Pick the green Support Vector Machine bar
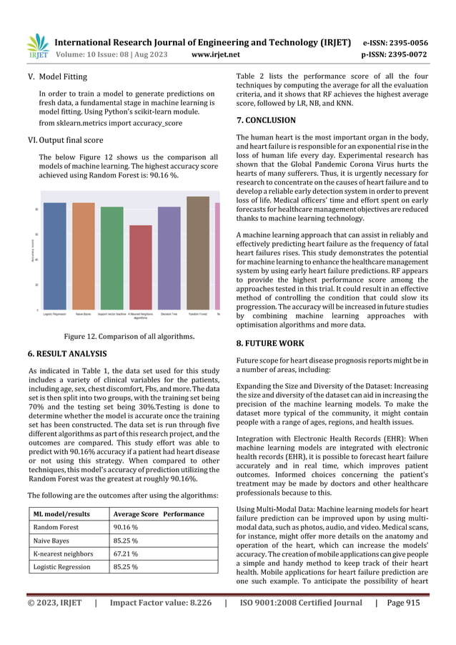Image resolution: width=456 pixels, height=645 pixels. click(111, 258)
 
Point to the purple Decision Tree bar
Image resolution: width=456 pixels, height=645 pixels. click(169, 258)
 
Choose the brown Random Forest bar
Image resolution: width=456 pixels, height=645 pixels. click(197, 253)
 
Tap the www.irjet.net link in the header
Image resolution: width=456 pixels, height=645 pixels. click(216, 54)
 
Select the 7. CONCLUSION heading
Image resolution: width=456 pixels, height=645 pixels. click(265, 120)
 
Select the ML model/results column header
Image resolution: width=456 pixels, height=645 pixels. click(61, 513)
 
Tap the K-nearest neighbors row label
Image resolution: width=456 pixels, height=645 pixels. click(64, 553)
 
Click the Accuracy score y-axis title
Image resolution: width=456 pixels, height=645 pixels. click(31, 250)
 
